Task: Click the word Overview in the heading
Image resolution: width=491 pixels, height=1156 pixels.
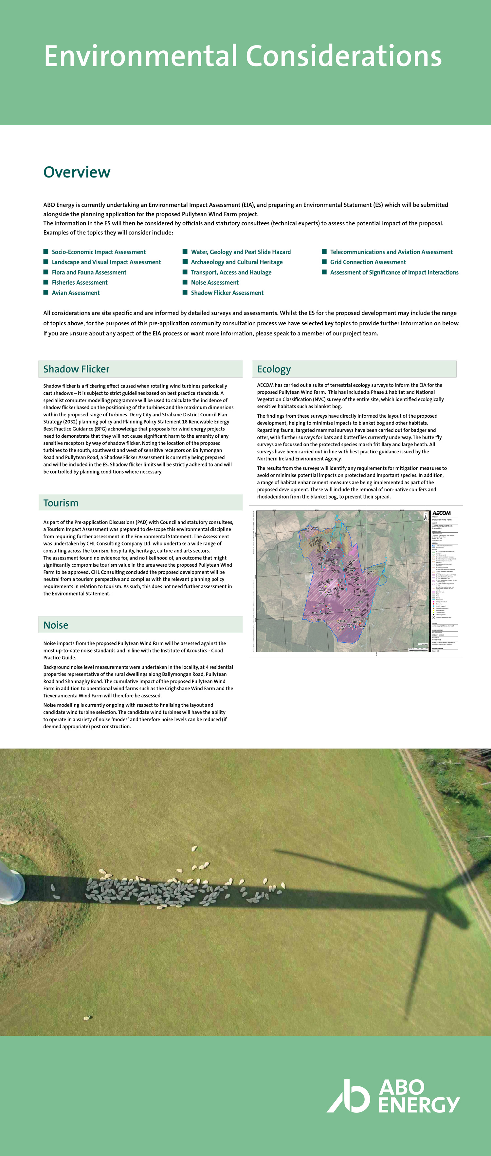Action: click(x=77, y=172)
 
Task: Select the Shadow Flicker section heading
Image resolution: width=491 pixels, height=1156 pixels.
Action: click(x=76, y=369)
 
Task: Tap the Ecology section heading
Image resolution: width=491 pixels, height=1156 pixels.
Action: click(x=274, y=369)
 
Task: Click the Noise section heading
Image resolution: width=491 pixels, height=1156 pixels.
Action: click(x=56, y=625)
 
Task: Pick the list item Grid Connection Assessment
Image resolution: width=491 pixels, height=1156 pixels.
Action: click(x=368, y=262)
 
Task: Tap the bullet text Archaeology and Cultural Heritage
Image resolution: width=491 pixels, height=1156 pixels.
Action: click(x=237, y=262)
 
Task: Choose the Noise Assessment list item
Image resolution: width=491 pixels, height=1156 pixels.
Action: click(x=215, y=282)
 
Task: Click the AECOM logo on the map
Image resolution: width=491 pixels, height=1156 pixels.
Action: click(x=441, y=513)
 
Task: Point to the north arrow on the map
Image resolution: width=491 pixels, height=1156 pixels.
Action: click(x=426, y=517)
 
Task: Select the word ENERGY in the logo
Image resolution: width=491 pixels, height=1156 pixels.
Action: click(x=419, y=1105)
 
